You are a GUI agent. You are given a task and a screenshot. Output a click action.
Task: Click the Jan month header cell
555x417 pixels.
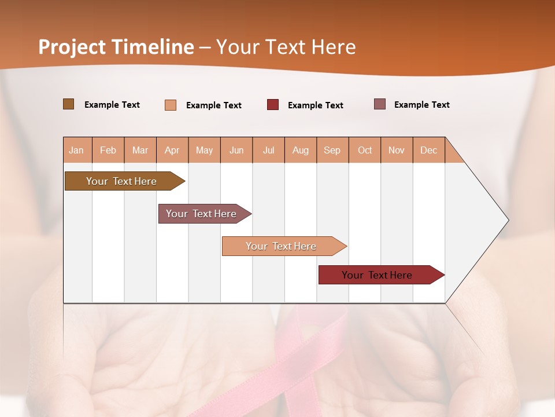pyautogui.click(x=77, y=150)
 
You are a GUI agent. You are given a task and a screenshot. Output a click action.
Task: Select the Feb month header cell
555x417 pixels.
pyautogui.click(x=108, y=150)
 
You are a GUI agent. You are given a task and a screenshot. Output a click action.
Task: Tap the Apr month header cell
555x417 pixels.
pyautogui.click(x=172, y=150)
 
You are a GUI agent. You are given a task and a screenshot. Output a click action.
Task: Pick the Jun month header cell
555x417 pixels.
pyautogui.click(x=236, y=150)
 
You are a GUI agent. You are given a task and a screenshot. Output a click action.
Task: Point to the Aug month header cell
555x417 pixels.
pyautogui.click(x=301, y=150)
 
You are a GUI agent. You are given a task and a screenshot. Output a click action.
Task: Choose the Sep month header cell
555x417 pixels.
pyautogui.click(x=332, y=150)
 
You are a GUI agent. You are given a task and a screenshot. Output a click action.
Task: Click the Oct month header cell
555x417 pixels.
pyautogui.click(x=365, y=150)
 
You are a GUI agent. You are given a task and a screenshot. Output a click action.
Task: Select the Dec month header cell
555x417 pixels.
pyautogui.click(x=429, y=150)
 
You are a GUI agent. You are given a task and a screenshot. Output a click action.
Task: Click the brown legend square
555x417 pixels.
pyautogui.click(x=69, y=104)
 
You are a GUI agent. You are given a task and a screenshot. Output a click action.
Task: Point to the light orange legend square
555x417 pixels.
pyautogui.click(x=171, y=105)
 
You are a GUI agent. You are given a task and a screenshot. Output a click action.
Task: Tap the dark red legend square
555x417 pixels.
pyautogui.click(x=273, y=105)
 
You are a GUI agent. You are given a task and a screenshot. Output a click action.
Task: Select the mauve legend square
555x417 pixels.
pyautogui.click(x=380, y=104)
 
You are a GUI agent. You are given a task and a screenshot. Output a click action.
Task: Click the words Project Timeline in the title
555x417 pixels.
pyautogui.click(x=116, y=47)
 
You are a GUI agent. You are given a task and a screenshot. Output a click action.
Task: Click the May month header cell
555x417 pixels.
pyautogui.click(x=204, y=150)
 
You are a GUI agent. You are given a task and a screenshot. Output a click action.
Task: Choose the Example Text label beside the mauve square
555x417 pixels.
pyautogui.click(x=421, y=105)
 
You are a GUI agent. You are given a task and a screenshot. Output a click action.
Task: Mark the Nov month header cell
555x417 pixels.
pyautogui.click(x=397, y=150)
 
